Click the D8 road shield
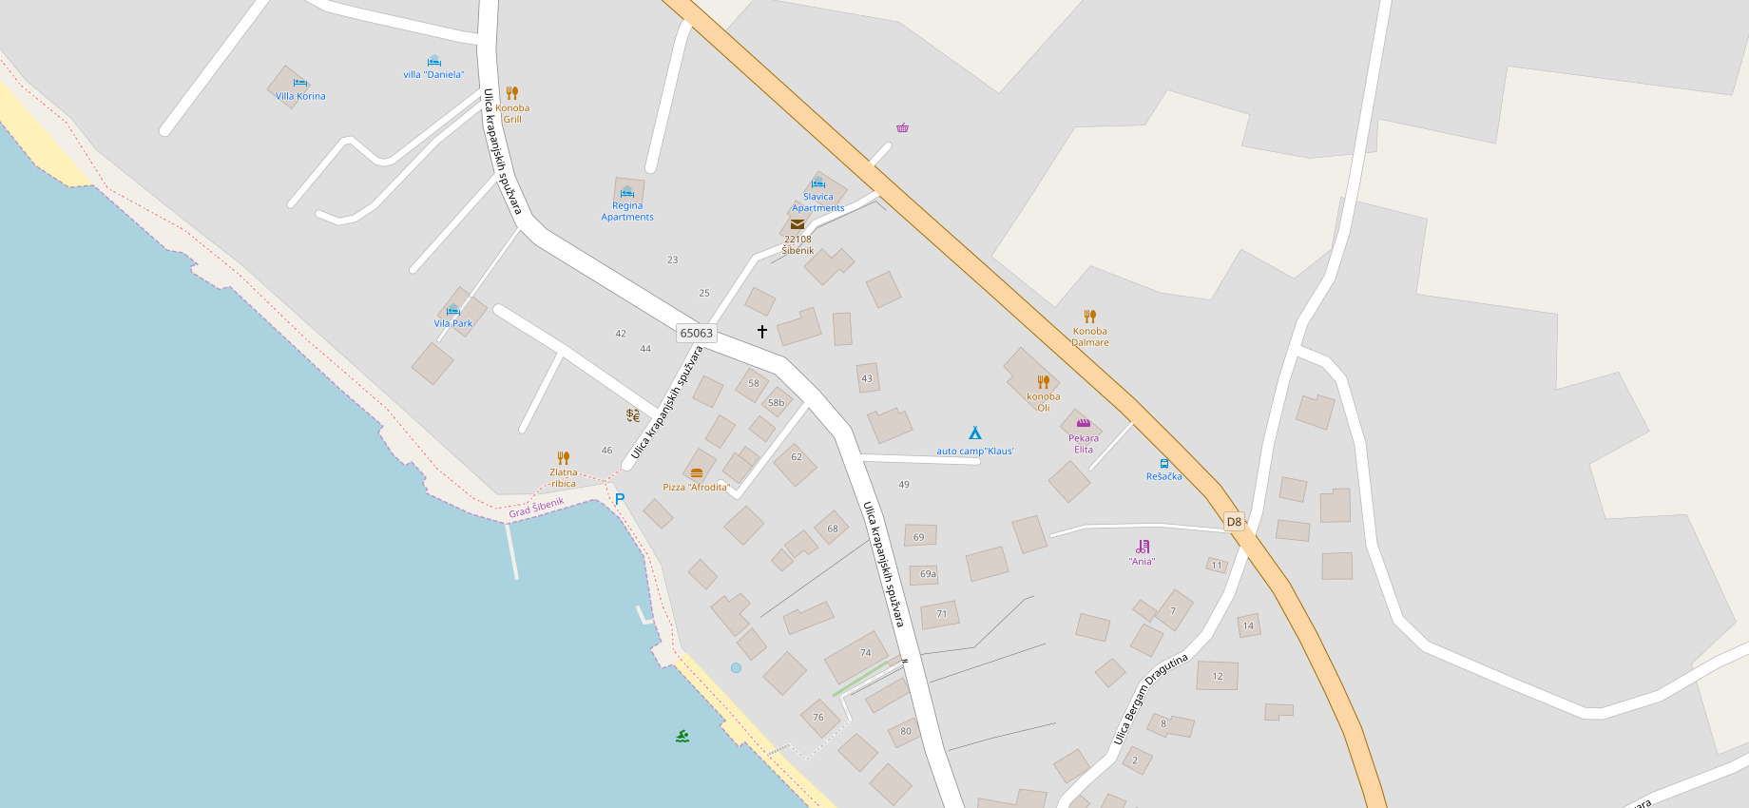(1234, 522)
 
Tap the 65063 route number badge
(696, 334)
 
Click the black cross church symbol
(762, 332)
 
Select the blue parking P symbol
(620, 499)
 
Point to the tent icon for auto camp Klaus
(974, 433)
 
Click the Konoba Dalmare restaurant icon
(1090, 317)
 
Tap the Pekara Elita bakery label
(1084, 444)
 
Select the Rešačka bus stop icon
(1164, 464)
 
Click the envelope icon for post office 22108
(798, 225)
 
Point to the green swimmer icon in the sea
(682, 736)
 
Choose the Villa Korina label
(300, 96)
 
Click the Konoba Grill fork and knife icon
(512, 93)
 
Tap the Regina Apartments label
(627, 211)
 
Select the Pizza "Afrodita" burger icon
(697, 473)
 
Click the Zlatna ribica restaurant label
(564, 478)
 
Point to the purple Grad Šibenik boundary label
(536, 508)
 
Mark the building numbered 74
(857, 656)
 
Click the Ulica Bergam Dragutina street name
(1150, 699)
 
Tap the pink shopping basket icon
(902, 127)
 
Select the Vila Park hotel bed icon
(453, 310)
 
